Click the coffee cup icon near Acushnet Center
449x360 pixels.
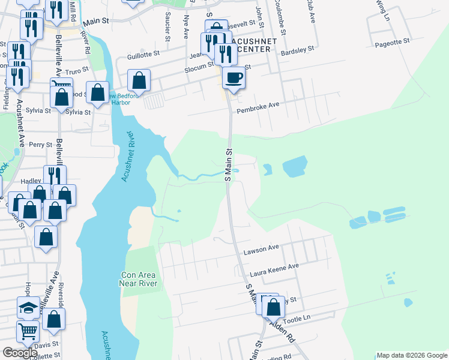click(x=234, y=77)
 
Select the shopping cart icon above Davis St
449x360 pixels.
click(x=28, y=331)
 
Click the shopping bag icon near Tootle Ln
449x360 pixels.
click(x=273, y=307)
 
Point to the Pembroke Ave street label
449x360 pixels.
click(x=259, y=104)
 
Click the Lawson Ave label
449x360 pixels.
click(x=261, y=247)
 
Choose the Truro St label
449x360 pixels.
click(x=77, y=71)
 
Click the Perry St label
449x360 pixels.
click(x=41, y=145)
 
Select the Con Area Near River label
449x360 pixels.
click(x=138, y=279)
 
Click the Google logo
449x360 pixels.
click(x=20, y=353)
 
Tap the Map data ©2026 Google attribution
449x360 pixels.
click(x=412, y=355)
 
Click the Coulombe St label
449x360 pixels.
click(x=279, y=18)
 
